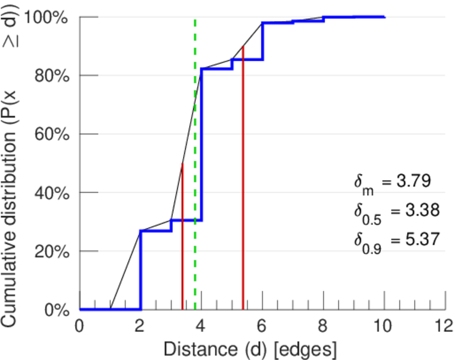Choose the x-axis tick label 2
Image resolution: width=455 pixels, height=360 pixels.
(x=140, y=326)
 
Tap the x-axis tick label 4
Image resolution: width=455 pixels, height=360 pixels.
(x=201, y=326)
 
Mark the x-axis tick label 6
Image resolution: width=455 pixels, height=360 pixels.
(x=262, y=326)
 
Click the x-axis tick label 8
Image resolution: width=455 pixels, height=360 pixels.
(x=323, y=326)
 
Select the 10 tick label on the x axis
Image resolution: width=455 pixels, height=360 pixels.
(x=384, y=326)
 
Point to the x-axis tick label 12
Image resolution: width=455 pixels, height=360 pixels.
(x=445, y=326)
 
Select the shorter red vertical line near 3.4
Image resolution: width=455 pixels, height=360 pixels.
(x=182, y=240)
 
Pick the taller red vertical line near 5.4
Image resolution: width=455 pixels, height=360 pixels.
(x=243, y=180)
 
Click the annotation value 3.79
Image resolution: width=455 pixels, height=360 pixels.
(x=415, y=180)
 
